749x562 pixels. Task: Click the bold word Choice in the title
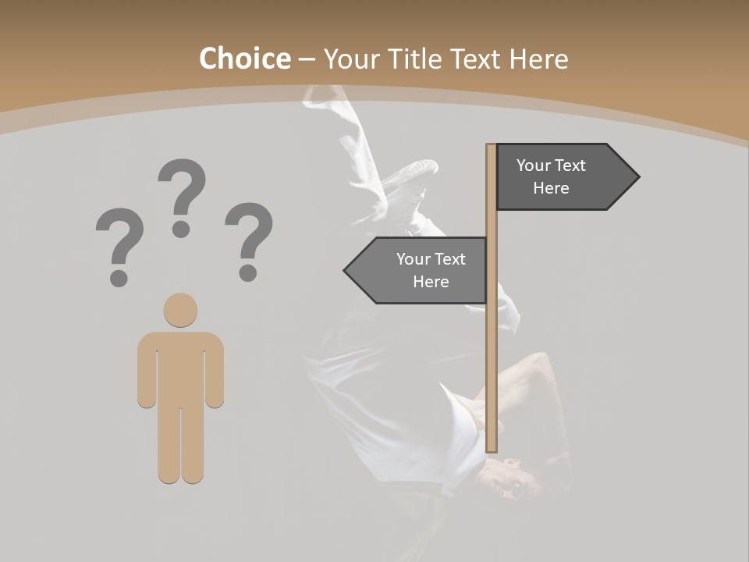244,59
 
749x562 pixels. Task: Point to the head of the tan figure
180,310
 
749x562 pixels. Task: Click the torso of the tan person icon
180,367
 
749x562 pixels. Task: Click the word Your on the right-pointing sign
534,165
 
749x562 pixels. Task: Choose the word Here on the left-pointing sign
431,282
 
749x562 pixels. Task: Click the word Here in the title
538,59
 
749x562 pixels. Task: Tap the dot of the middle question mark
182,229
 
